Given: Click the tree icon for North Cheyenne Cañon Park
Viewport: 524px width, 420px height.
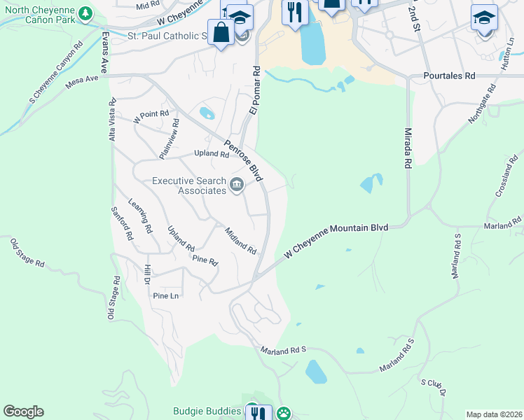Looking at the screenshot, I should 85,13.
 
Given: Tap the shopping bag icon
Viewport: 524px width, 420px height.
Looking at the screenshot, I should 221,33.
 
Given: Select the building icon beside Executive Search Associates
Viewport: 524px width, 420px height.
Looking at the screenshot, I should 237,185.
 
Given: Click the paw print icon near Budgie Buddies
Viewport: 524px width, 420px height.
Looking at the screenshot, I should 282,413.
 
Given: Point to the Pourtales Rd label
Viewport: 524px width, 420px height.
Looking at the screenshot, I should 449,76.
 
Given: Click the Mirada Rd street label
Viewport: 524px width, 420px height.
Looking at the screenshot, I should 407,148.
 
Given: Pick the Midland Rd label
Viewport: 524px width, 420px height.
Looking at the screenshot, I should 240,239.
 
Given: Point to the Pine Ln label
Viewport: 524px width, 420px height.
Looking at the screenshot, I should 166,296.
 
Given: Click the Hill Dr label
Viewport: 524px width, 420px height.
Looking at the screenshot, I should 147,274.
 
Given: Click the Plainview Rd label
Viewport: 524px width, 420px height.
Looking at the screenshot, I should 170,139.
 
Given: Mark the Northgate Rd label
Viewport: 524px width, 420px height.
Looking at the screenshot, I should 482,104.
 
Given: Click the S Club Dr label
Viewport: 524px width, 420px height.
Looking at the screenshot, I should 433,388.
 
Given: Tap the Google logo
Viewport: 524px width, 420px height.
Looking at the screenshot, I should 23,411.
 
